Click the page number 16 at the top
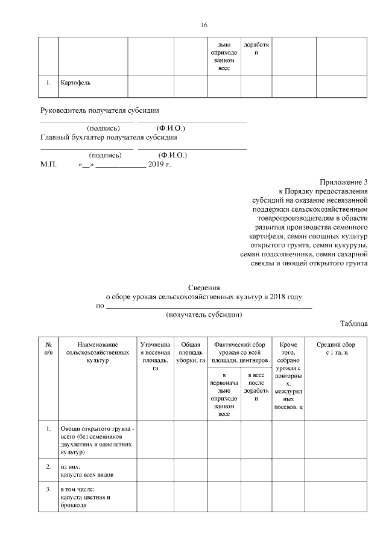tap(203, 25)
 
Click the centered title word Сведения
tap(203, 288)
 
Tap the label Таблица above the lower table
tap(353, 323)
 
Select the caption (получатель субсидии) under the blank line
tap(204, 314)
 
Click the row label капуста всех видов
tap(87, 474)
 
